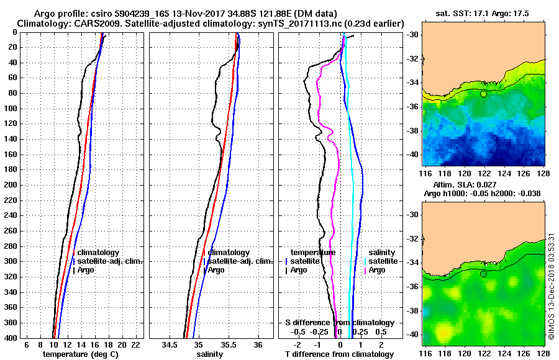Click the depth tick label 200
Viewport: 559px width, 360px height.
[x=11, y=185]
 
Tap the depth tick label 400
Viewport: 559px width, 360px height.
[x=11, y=338]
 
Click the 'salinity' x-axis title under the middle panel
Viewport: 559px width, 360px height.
[x=211, y=354]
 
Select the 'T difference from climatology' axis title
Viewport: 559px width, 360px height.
[x=339, y=354]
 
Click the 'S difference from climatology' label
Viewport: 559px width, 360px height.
[x=339, y=323]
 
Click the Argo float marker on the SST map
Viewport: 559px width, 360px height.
[x=483, y=94]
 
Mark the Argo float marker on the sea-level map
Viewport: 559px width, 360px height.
[x=483, y=274]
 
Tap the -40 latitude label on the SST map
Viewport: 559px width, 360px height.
[x=412, y=154]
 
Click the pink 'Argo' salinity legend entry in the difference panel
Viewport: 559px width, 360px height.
[x=377, y=270]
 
